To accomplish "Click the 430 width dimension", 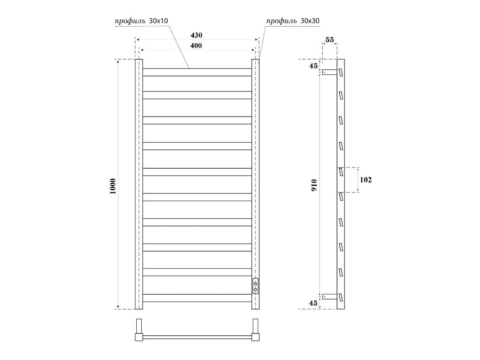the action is coord(196,35).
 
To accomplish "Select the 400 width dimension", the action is coord(196,45).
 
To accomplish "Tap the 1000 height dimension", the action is coord(113,186).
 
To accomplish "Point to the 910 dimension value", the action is coord(314,185).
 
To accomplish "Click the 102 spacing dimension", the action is coord(365,180).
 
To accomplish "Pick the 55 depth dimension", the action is coord(330,40).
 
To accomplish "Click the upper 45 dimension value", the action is coord(313,66).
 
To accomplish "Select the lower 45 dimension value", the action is coord(313,303).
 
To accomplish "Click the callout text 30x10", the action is coord(158,21).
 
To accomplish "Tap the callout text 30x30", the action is coord(310,21).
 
